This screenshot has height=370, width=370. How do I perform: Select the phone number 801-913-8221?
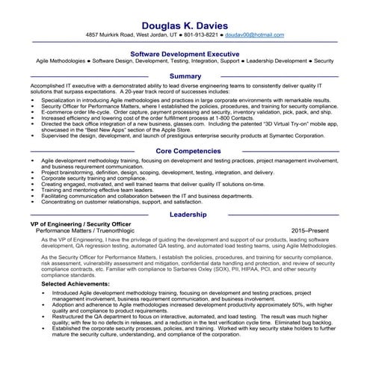click(200, 34)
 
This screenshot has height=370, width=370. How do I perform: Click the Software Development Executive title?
click(185, 54)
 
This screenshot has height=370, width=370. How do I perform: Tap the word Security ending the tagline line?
click(324, 61)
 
